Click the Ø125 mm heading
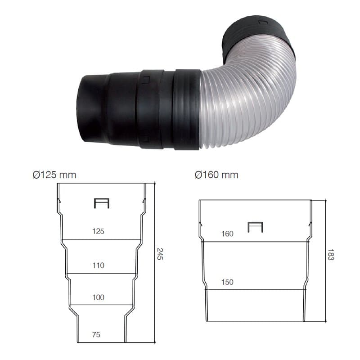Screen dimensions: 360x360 point(54,175)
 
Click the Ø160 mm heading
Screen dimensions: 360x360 point(216,175)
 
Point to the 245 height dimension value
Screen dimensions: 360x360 point(160,254)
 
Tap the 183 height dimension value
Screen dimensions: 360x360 point(331,255)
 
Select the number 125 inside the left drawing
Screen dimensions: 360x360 point(98,231)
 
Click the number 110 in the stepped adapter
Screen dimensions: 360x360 point(98,265)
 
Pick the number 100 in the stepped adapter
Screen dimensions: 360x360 point(98,297)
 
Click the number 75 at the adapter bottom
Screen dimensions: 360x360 point(96,334)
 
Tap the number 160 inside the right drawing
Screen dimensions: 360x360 point(227,234)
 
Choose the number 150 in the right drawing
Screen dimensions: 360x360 point(227,282)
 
